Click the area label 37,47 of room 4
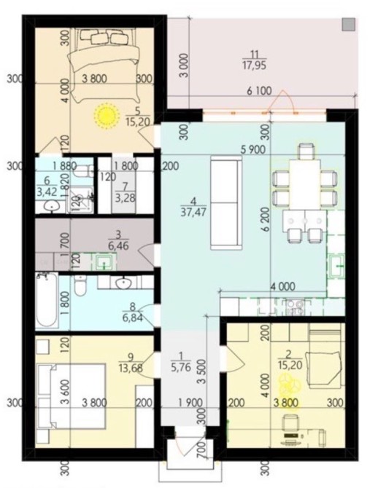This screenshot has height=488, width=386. [x=193, y=212]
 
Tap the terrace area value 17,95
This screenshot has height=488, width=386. [x=255, y=66]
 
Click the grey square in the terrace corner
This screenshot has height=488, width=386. [x=349, y=24]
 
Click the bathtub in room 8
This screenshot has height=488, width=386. [x=47, y=300]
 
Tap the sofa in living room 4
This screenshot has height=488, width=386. [x=226, y=202]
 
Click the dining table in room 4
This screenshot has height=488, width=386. [x=305, y=184]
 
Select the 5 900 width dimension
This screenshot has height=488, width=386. [x=253, y=149]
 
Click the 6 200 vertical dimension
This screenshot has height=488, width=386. [x=266, y=223]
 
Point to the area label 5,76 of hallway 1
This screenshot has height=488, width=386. [x=181, y=367]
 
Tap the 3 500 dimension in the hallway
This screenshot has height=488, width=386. [x=202, y=371]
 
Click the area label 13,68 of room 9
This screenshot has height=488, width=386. [x=131, y=368]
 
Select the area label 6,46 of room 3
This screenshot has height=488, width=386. [x=118, y=245]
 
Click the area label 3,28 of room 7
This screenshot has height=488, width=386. [x=126, y=197]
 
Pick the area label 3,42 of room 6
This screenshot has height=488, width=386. [x=47, y=192]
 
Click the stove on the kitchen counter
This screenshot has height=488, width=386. [x=295, y=307]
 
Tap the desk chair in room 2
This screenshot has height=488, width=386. [x=290, y=422]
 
